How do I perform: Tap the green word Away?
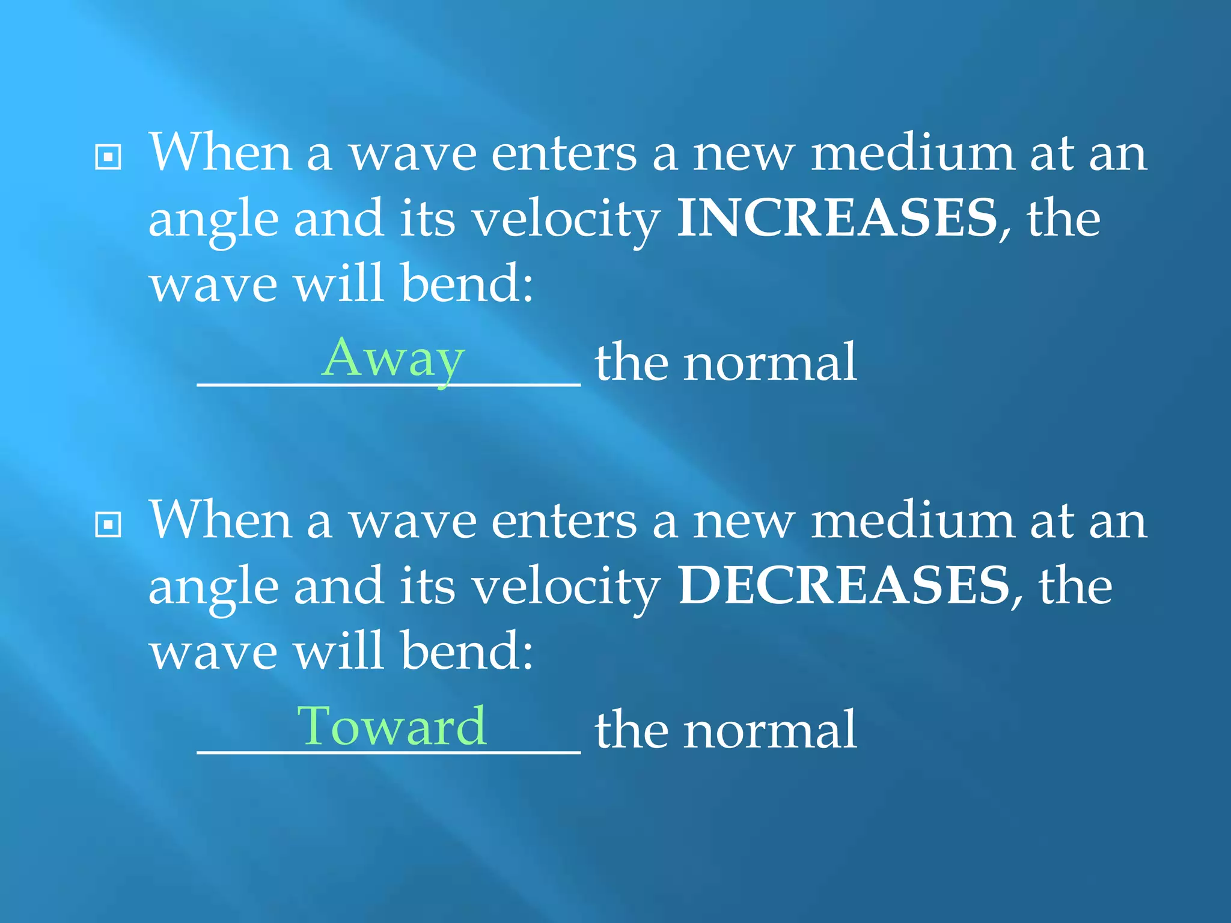393,359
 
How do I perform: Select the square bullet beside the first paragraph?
108,157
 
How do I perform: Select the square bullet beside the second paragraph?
108,525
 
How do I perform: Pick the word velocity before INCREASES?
566,220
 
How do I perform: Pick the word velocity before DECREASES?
566,588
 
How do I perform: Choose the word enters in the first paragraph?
564,154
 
